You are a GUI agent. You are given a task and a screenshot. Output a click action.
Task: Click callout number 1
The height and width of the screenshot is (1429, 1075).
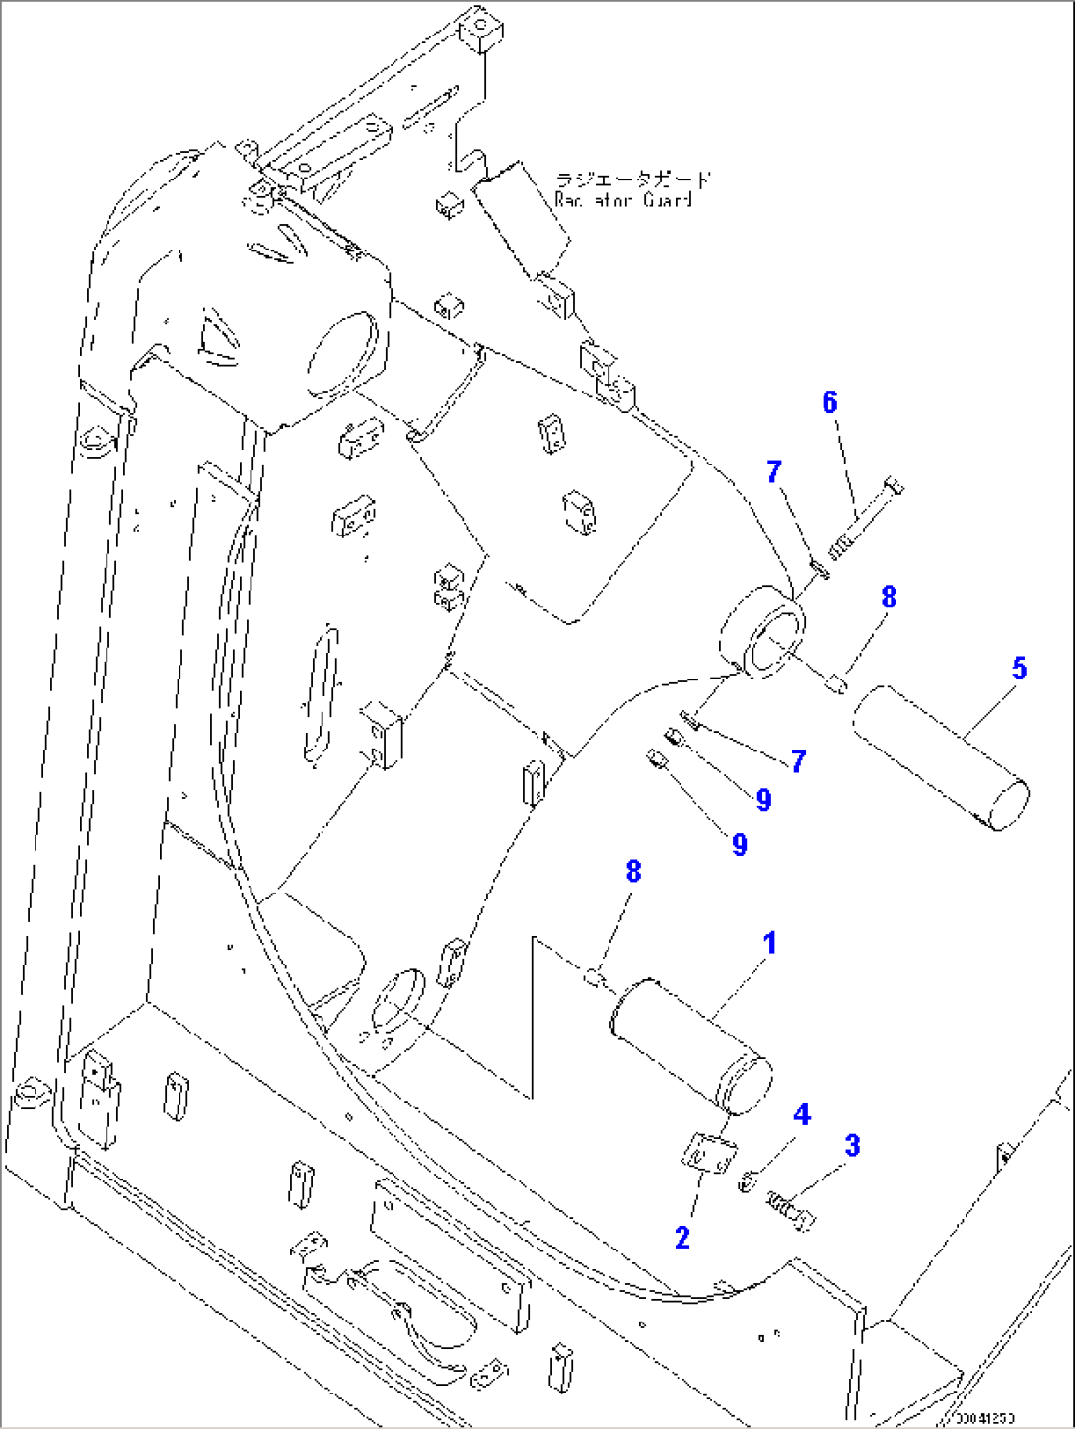(x=770, y=944)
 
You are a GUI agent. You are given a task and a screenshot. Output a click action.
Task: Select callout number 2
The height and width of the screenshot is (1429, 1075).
(x=682, y=1237)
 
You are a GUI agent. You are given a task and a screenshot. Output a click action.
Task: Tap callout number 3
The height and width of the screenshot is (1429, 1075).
(x=852, y=1146)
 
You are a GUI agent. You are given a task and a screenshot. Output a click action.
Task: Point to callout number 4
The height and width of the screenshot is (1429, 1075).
(x=802, y=1114)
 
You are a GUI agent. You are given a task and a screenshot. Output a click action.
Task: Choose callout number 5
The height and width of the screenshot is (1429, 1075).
(x=1019, y=669)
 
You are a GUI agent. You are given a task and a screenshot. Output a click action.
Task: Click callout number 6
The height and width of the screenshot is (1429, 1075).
(x=829, y=402)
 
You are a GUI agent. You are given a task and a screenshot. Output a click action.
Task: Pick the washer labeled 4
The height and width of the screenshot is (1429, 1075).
(x=749, y=1179)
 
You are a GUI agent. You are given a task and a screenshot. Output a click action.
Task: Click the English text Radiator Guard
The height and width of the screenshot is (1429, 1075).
(x=623, y=200)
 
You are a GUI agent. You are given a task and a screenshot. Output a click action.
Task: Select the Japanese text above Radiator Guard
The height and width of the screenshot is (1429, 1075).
(x=632, y=179)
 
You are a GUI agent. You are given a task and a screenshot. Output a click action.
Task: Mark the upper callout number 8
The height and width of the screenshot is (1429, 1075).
(x=889, y=597)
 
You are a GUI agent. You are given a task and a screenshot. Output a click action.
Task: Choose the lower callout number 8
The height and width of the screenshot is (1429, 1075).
(x=633, y=871)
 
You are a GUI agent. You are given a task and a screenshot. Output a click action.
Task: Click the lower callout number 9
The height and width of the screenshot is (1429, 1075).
(x=740, y=844)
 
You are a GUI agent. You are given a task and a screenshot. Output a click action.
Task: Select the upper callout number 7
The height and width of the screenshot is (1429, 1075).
(x=774, y=471)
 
